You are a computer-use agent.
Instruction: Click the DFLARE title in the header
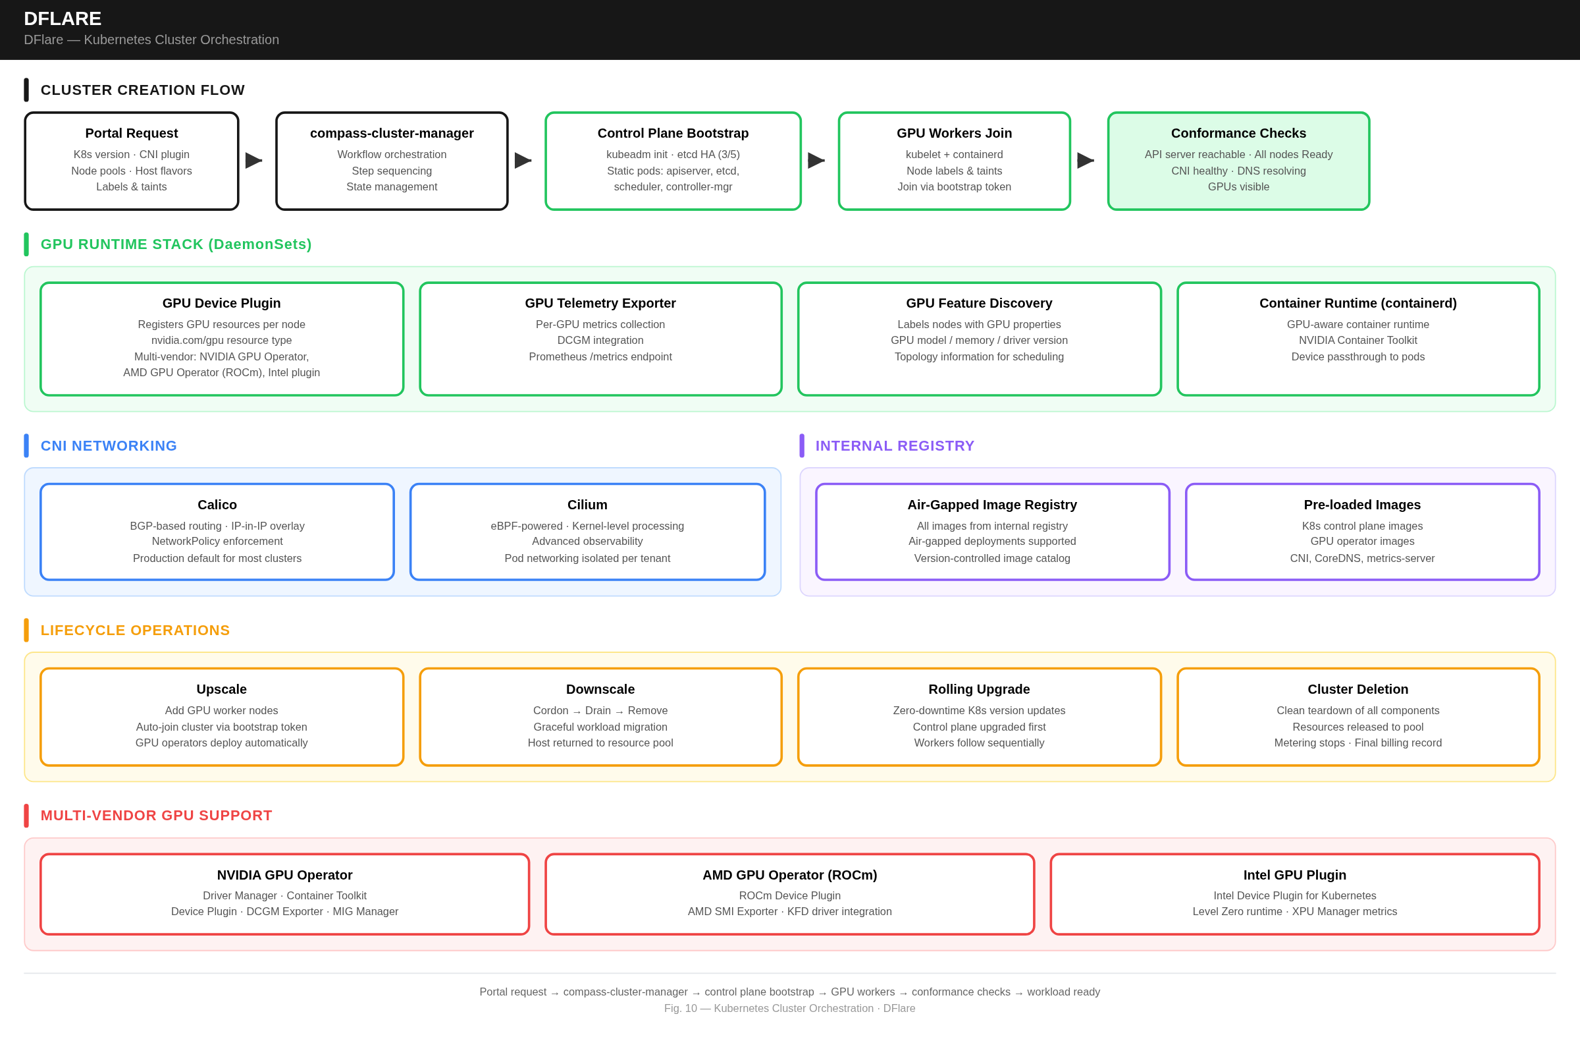tap(63, 18)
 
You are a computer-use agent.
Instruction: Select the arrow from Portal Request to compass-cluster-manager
tap(253, 160)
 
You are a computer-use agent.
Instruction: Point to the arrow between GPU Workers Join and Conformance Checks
tap(1086, 160)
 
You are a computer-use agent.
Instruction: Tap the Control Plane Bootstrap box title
tap(673, 134)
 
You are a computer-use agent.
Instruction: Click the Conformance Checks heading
tap(1238, 134)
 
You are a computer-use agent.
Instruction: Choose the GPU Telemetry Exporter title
tap(600, 304)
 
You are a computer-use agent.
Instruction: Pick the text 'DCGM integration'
tap(600, 340)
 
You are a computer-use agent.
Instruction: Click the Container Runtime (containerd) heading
tap(1357, 304)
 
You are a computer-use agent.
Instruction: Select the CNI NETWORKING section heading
tap(108, 446)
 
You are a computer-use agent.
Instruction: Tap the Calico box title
tap(217, 505)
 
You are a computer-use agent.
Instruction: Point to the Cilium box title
tap(587, 505)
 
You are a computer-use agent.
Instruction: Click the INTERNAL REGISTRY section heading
tap(894, 446)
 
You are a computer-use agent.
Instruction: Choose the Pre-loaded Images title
tap(1361, 505)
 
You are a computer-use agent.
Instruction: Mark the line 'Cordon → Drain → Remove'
tap(600, 711)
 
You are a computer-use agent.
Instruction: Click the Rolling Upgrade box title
tap(978, 690)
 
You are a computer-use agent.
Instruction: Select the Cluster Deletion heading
tap(1357, 690)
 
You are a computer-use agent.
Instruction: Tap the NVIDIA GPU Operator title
tap(284, 875)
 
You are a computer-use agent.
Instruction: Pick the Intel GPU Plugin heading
tap(1294, 875)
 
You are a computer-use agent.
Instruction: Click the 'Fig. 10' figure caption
tap(789, 1009)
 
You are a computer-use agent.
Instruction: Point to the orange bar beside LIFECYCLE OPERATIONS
tap(26, 631)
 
